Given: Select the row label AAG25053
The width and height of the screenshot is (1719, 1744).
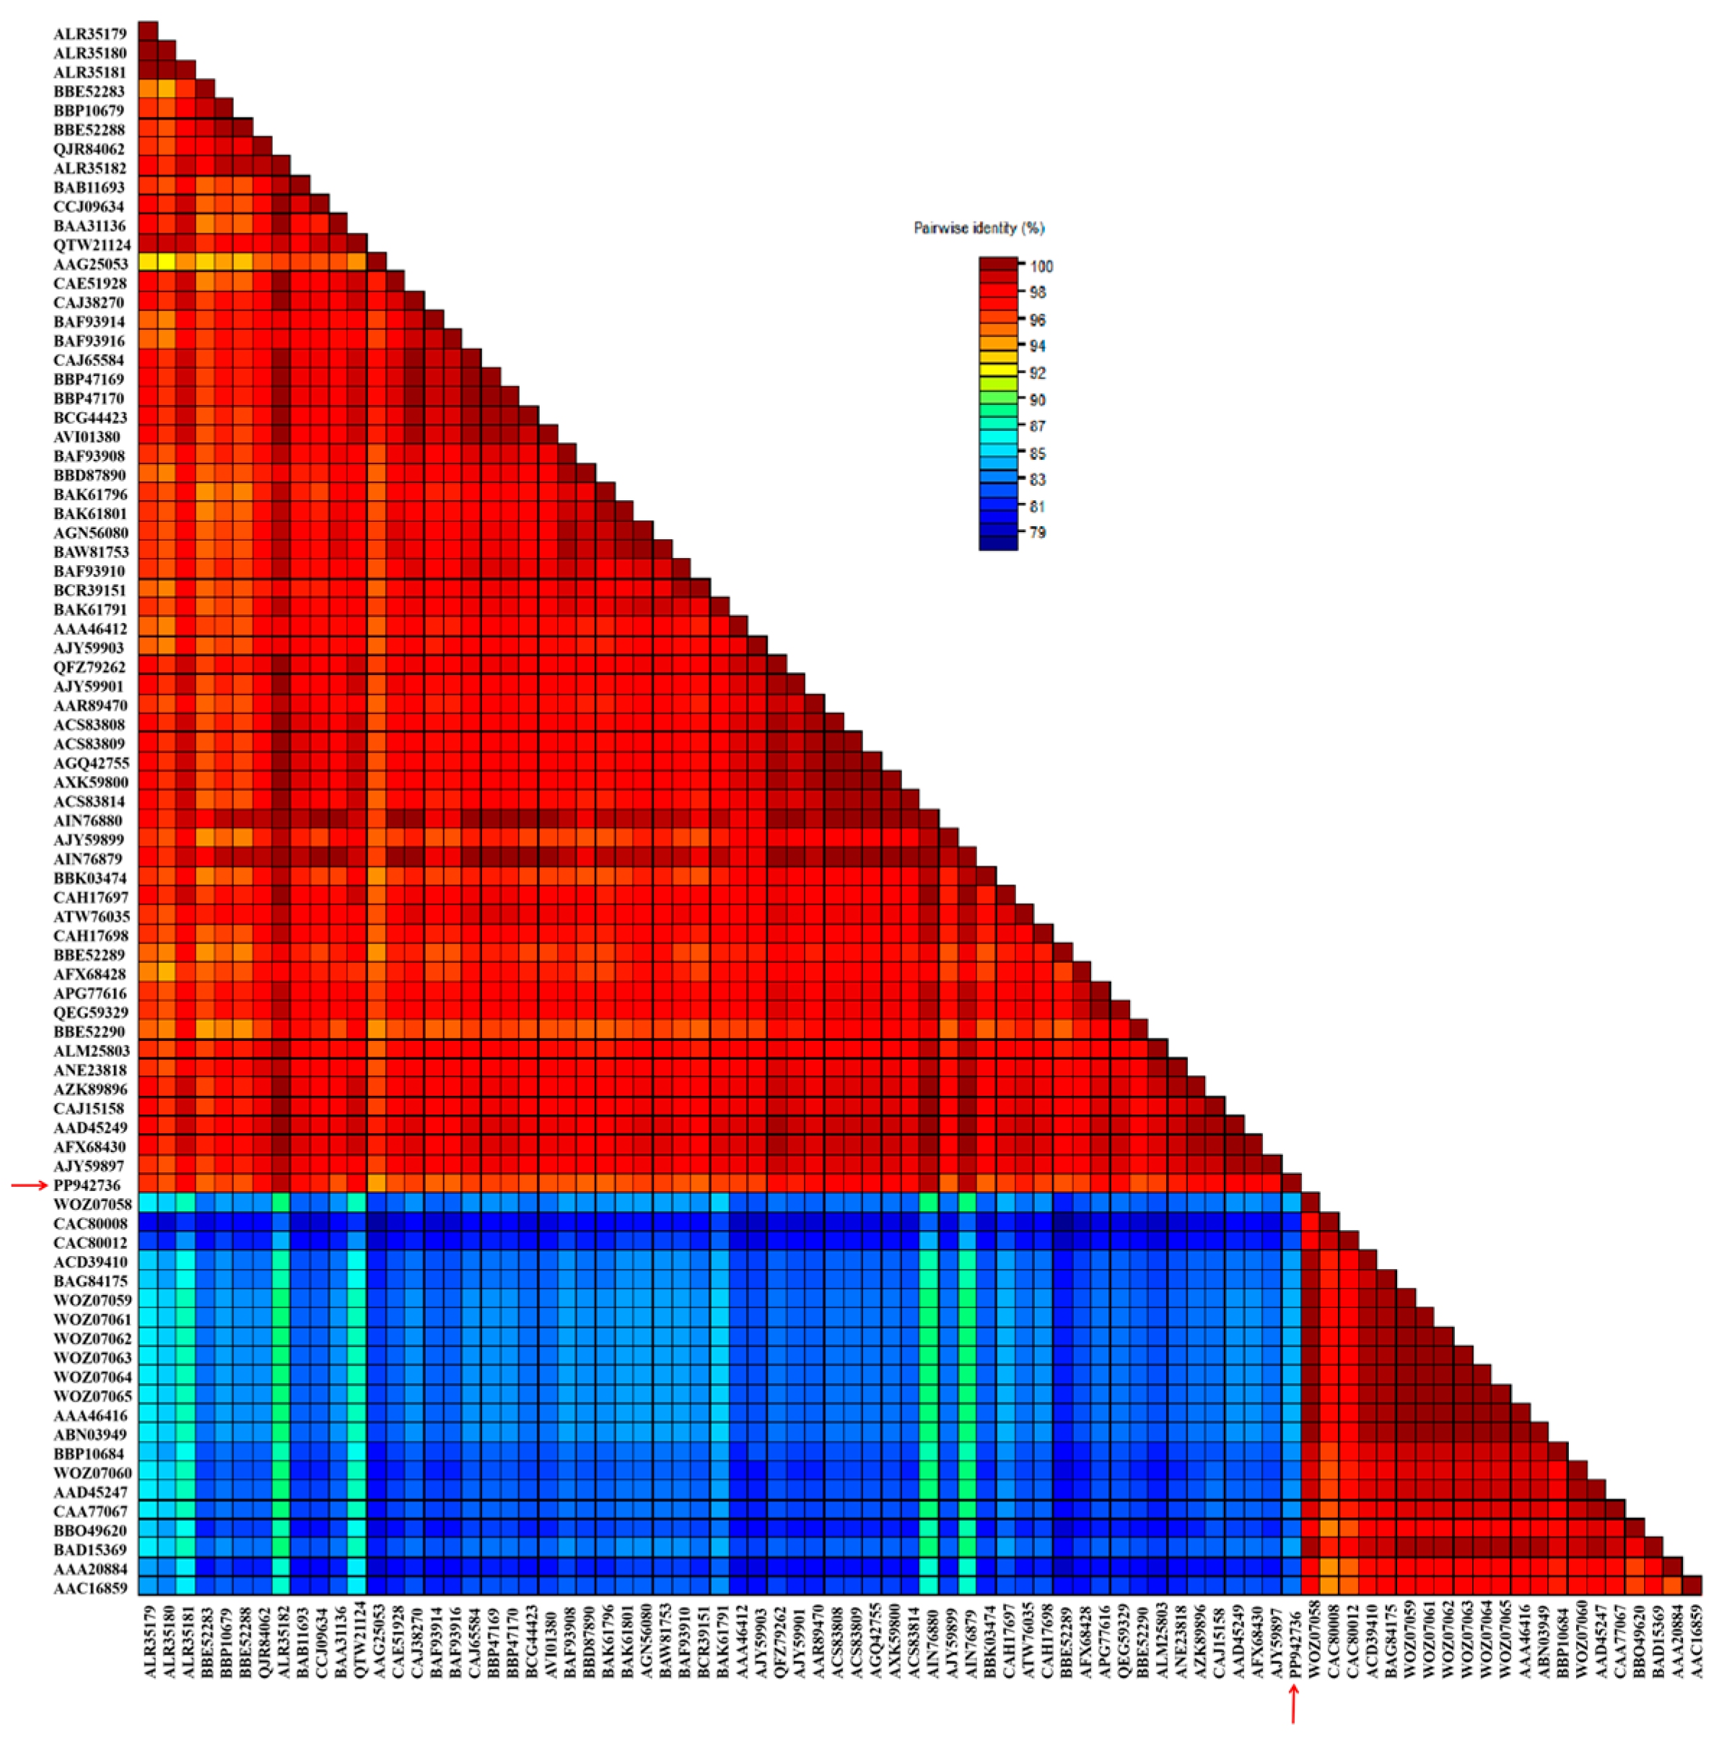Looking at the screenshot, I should pyautogui.click(x=90, y=264).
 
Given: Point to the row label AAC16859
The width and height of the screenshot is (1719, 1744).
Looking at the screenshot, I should pyautogui.click(x=89, y=1588).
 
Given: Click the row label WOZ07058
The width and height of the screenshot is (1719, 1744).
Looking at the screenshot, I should pyautogui.click(x=92, y=1204).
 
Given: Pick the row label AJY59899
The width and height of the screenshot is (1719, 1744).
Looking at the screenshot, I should pyautogui.click(x=89, y=840).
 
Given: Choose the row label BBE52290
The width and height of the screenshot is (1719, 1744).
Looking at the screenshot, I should pyautogui.click(x=89, y=1032).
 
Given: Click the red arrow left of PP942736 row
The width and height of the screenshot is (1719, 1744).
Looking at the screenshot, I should pyautogui.click(x=29, y=1185).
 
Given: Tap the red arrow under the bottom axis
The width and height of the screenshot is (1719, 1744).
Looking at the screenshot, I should pyautogui.click(x=1292, y=1704).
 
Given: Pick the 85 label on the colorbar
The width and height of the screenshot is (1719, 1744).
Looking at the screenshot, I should pyautogui.click(x=1037, y=453).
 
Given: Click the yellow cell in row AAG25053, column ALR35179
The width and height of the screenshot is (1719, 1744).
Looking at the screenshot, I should pyautogui.click(x=148, y=263).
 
